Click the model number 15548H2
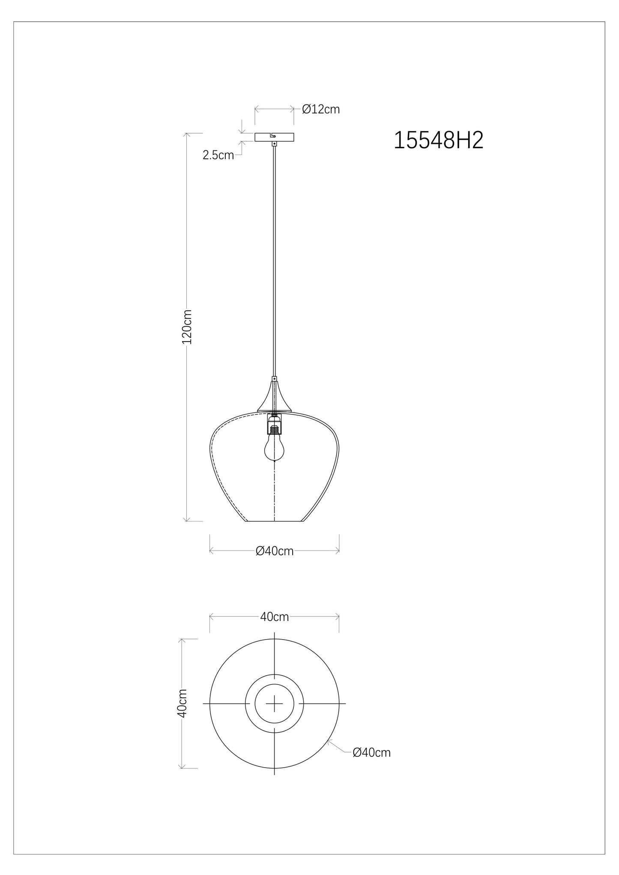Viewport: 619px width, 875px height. pyautogui.click(x=438, y=140)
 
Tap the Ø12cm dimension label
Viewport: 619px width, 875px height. pyautogui.click(x=320, y=110)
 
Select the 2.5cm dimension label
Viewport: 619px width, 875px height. pyautogui.click(x=218, y=155)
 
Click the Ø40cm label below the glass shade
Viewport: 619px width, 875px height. pyautogui.click(x=275, y=551)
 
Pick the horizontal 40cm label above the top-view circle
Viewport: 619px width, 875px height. pyautogui.click(x=275, y=617)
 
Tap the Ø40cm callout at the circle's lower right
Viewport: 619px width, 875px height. pyautogui.click(x=371, y=765)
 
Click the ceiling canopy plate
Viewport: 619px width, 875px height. pyautogui.click(x=274, y=137)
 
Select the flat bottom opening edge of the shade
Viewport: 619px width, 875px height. pyautogui.click(x=274, y=521)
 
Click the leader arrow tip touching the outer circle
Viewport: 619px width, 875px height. pyautogui.click(x=328, y=741)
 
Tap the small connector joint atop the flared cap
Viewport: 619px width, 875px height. pyautogui.click(x=274, y=378)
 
